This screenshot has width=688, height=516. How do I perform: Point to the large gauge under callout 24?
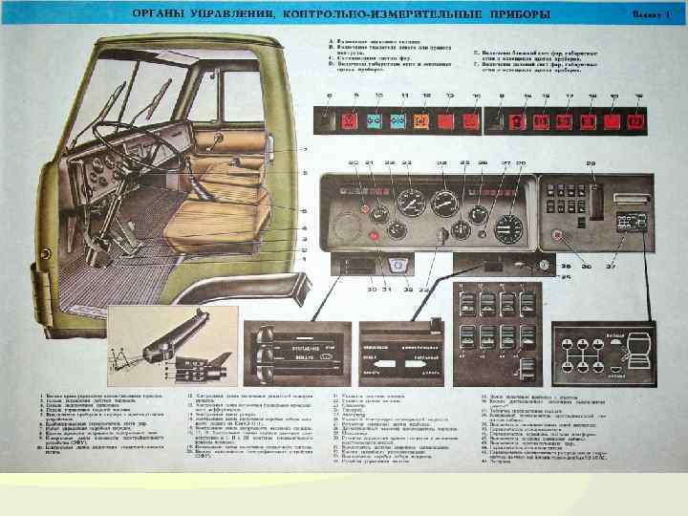tap(444, 203)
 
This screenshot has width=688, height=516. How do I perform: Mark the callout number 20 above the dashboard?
tap(354, 164)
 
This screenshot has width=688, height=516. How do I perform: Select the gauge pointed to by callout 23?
tap(412, 203)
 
